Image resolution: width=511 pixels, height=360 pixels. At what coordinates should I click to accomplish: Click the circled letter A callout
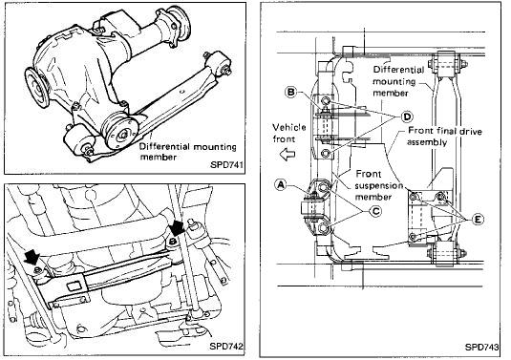tap(281, 184)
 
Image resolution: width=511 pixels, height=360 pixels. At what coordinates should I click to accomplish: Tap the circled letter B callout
tap(290, 92)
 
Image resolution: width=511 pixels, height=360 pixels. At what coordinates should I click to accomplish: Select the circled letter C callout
tap(375, 211)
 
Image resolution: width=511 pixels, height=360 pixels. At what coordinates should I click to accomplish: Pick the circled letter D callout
tap(407, 116)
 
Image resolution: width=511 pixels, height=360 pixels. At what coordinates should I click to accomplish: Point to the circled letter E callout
tap(478, 220)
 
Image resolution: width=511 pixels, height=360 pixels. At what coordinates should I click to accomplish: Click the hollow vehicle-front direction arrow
tap(287, 154)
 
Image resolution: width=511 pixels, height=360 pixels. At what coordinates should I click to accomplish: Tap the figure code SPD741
tap(226, 164)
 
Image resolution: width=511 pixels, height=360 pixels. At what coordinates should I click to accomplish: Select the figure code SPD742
tap(225, 346)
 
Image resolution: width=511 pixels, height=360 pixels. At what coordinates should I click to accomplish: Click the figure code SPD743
tap(481, 347)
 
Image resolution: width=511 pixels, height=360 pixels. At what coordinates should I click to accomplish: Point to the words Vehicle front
tap(289, 133)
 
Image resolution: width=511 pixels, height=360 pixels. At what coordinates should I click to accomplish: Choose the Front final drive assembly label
tap(444, 137)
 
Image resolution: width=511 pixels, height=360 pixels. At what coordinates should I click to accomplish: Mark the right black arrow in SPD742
tap(178, 226)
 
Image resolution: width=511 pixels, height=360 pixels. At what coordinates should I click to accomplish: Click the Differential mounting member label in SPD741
tap(188, 152)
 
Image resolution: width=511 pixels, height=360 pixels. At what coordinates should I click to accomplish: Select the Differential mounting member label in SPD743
tap(398, 81)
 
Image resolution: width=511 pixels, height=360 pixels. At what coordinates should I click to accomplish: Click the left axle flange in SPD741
tap(37, 88)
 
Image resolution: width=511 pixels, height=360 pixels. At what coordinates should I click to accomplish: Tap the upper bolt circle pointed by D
tap(326, 100)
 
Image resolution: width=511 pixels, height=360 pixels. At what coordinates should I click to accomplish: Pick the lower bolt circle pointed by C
tap(323, 229)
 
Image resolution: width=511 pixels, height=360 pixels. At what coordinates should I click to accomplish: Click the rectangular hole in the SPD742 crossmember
tap(73, 286)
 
